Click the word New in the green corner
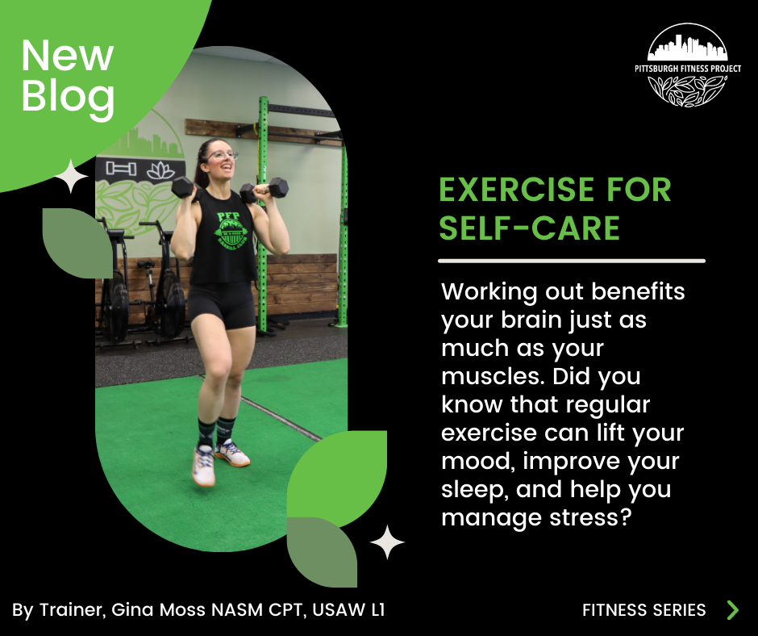click(x=68, y=56)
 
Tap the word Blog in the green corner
click(x=68, y=95)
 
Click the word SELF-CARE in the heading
click(x=529, y=228)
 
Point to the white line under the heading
click(x=571, y=261)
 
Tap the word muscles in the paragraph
click(x=489, y=377)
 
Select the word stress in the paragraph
click(x=581, y=517)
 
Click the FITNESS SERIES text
click(x=643, y=610)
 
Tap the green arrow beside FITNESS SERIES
click(x=732, y=609)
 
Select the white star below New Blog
click(x=72, y=177)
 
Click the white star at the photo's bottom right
click(x=387, y=542)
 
